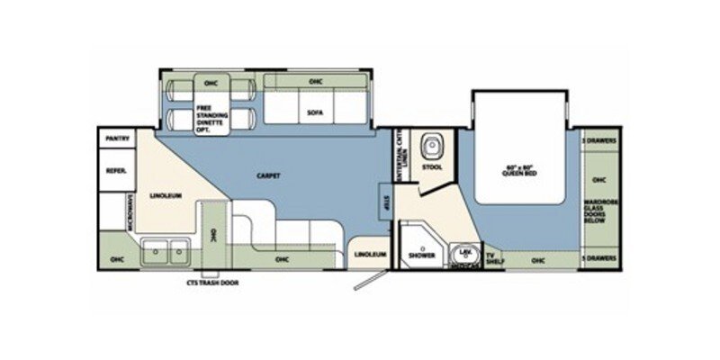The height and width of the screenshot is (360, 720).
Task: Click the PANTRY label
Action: [117, 139]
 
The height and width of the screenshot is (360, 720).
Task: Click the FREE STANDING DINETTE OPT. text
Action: [212, 117]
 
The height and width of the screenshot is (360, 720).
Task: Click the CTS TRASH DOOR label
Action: [210, 281]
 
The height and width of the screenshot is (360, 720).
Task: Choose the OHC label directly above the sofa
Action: [315, 82]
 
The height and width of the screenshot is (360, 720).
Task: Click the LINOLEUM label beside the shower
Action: [370, 254]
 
